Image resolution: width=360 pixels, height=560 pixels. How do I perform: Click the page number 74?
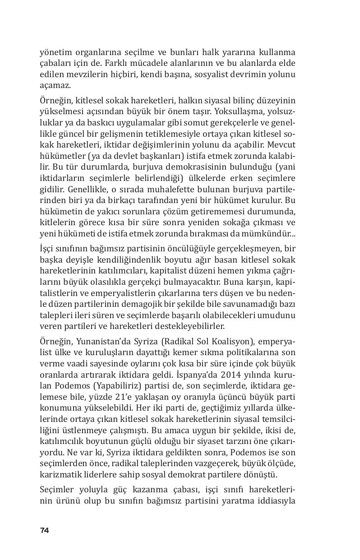click(44, 530)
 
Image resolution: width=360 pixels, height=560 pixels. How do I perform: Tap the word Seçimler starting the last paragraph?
click(57, 491)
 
